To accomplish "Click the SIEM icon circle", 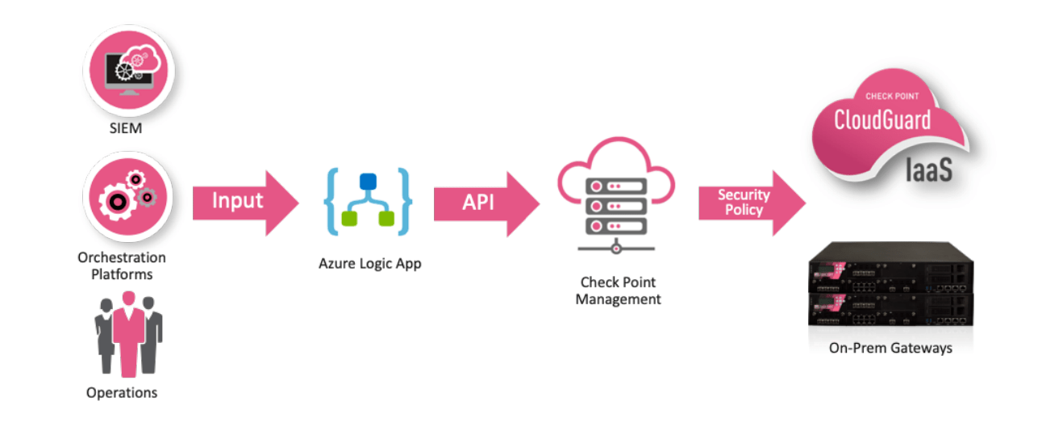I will point(129,71).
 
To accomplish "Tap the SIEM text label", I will point(124,128).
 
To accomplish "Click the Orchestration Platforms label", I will point(122,265).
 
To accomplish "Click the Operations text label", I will point(122,393).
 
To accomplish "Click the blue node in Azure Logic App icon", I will point(368,180).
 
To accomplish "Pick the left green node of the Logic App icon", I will point(348,218).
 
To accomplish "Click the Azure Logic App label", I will point(369,264).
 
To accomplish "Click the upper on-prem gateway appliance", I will point(892,270).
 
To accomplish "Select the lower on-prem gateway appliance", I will point(892,311).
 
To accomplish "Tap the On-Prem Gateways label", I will point(890,349).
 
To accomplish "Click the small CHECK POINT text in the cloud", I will point(892,96).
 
